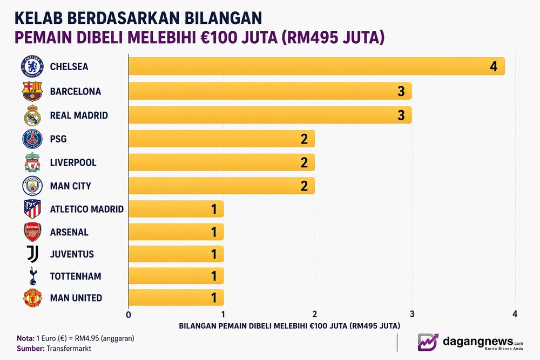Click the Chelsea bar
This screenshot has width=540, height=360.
point(316,66)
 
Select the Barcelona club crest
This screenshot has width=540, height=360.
point(32,91)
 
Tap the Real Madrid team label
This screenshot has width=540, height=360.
point(79,116)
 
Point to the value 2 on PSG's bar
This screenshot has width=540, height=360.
point(304,139)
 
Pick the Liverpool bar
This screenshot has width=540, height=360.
point(221,162)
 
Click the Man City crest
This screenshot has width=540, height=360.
point(32,186)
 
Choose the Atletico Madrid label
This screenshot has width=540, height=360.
point(87,209)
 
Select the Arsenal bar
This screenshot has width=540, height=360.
point(176,232)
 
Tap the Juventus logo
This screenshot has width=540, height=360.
point(33,254)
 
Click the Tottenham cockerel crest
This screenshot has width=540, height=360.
point(33,276)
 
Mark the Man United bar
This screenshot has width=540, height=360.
point(176,298)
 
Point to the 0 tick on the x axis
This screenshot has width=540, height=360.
point(129,315)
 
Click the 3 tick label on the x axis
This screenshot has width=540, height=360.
point(412,314)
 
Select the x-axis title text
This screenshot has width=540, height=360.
point(289,325)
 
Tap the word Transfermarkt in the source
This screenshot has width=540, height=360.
point(69,348)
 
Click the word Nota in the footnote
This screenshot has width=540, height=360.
point(25,338)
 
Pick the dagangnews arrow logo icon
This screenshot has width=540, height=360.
point(428,342)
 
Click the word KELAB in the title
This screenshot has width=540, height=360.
point(38,18)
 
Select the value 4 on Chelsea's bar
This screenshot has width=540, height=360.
point(494,66)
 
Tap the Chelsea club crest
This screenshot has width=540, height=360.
point(32,66)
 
